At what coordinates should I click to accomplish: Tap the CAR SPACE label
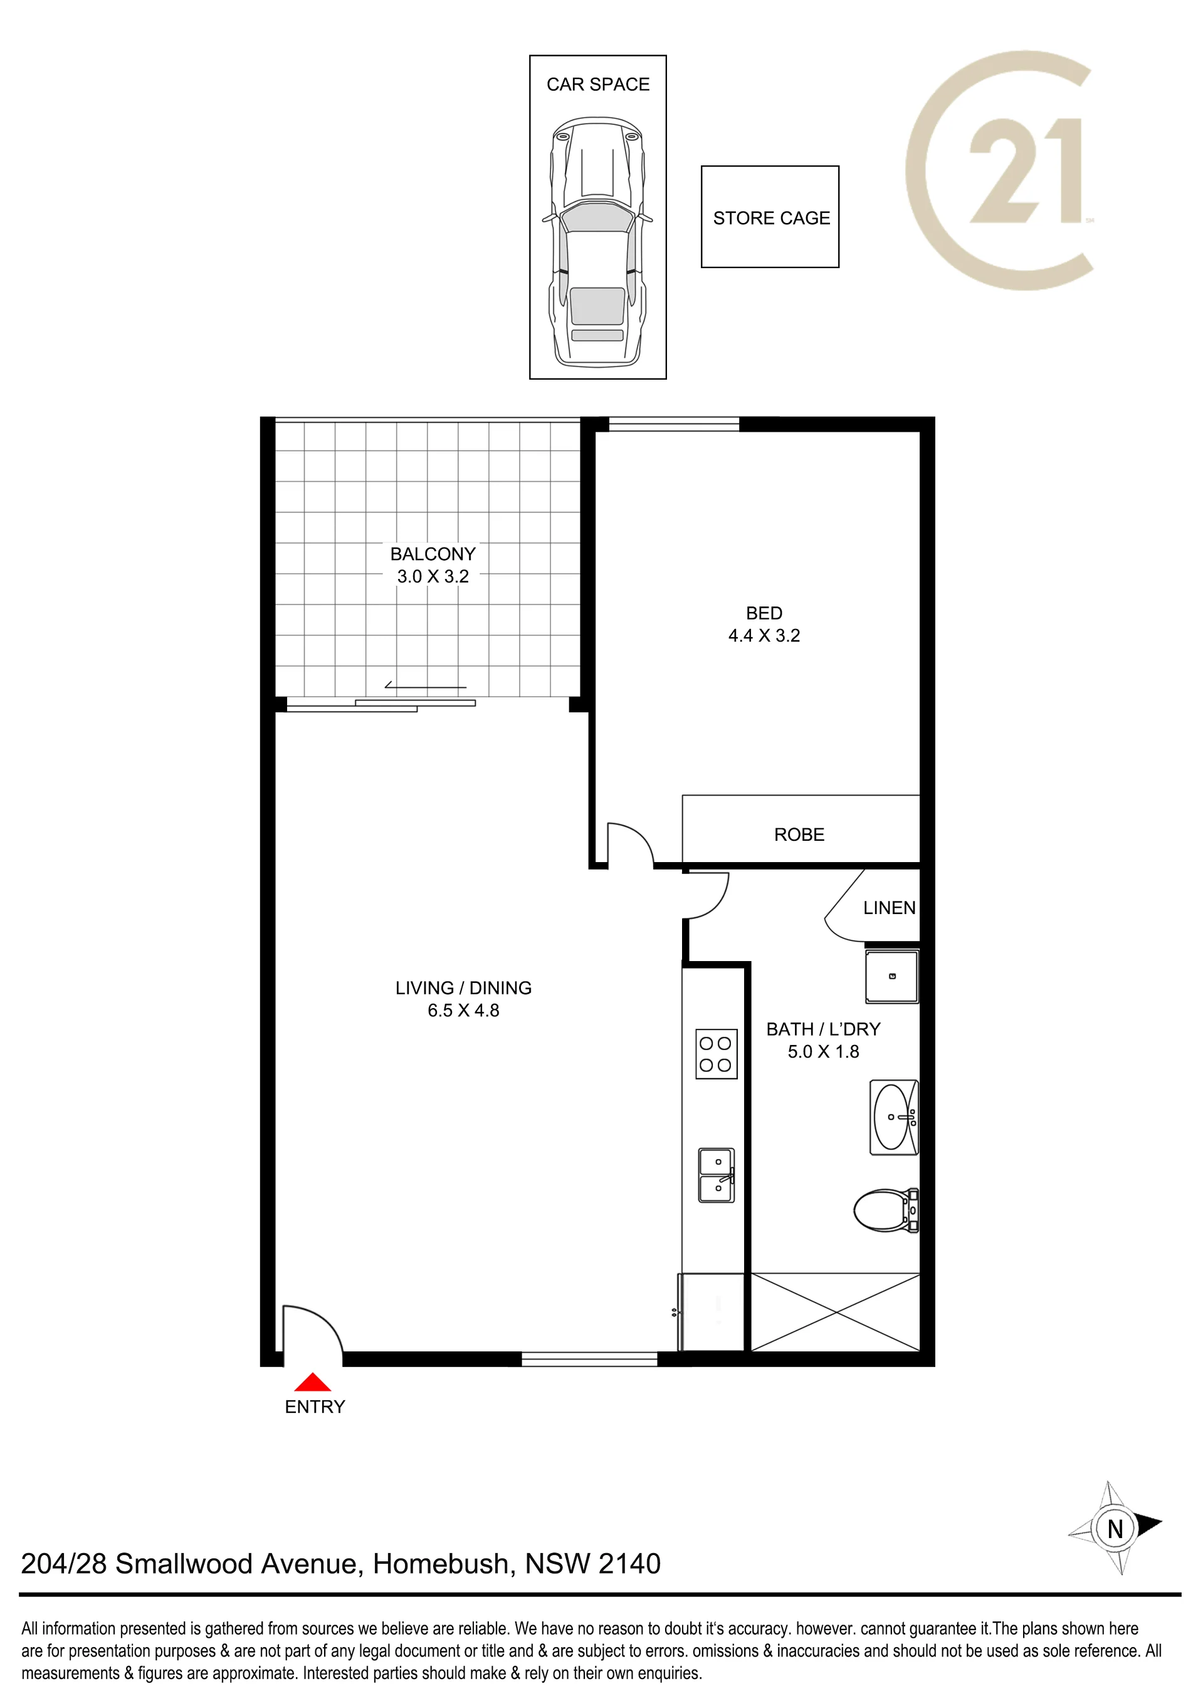click(597, 85)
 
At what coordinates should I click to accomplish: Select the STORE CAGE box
click(770, 216)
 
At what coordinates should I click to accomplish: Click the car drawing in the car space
click(597, 241)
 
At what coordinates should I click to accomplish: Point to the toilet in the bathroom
click(886, 1210)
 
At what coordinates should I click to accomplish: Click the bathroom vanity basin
click(894, 1116)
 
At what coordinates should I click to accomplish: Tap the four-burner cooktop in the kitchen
click(717, 1054)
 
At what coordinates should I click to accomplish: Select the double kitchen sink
click(717, 1175)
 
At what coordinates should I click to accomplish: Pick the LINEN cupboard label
click(890, 908)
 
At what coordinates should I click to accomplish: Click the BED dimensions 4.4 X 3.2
click(764, 636)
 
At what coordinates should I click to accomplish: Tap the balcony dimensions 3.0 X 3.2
click(433, 576)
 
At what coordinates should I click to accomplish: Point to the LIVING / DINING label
click(463, 987)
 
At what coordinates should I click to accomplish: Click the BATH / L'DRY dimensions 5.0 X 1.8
click(824, 1051)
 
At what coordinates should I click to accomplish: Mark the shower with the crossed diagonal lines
click(836, 1311)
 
